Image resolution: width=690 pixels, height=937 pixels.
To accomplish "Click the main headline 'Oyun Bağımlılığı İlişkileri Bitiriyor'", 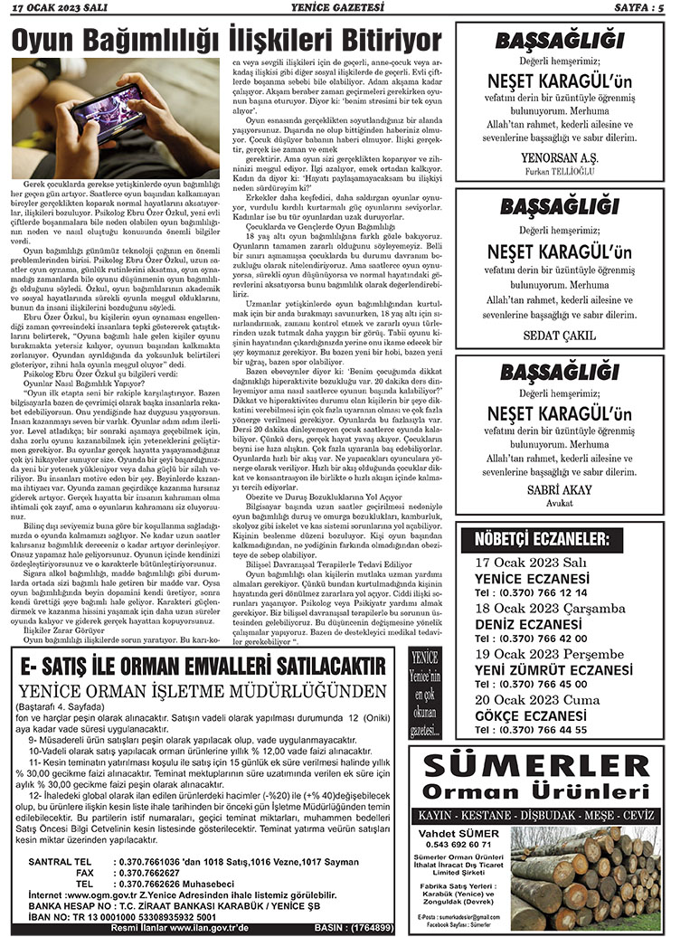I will [x=226, y=39].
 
